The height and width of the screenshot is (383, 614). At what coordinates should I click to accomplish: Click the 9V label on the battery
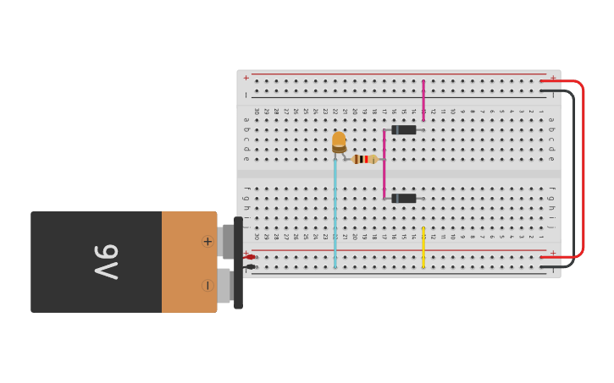click(105, 261)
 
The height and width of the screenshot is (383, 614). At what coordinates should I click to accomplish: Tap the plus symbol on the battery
click(207, 241)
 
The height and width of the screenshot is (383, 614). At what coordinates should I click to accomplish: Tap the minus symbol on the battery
click(207, 286)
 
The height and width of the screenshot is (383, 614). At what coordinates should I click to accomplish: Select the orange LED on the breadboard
click(339, 140)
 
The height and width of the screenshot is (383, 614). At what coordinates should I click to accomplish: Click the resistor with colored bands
click(365, 159)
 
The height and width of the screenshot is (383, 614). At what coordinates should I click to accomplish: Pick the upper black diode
click(404, 129)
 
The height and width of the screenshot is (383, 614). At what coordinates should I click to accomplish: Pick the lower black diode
click(404, 198)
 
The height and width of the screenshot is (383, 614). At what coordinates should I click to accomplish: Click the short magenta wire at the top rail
click(423, 100)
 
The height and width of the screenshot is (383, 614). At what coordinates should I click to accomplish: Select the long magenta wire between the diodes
click(384, 165)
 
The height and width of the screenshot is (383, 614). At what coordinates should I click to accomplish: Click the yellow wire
click(423, 247)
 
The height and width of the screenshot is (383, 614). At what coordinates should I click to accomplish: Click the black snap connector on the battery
click(238, 263)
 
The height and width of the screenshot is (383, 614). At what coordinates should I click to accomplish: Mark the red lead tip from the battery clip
click(251, 257)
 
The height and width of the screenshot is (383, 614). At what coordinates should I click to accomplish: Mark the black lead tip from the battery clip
click(251, 267)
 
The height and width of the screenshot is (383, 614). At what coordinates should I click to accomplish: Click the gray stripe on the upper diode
click(394, 129)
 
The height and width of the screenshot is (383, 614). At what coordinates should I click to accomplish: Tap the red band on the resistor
click(366, 159)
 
